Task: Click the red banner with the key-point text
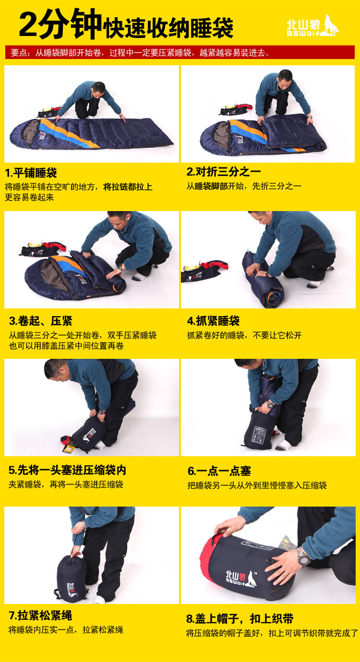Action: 180,52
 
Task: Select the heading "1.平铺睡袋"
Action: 31,173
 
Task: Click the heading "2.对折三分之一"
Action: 224,171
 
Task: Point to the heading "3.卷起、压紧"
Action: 41,320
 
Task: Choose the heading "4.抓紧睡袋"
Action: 213,320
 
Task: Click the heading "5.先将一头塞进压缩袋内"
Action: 68,470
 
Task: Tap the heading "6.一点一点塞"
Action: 219,471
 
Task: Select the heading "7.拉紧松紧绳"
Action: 40,615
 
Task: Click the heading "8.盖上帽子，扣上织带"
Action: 240,618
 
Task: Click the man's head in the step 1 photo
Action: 98,90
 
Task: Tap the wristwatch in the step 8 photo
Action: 303,556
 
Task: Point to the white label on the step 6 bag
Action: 259,435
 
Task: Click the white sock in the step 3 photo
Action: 139,277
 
